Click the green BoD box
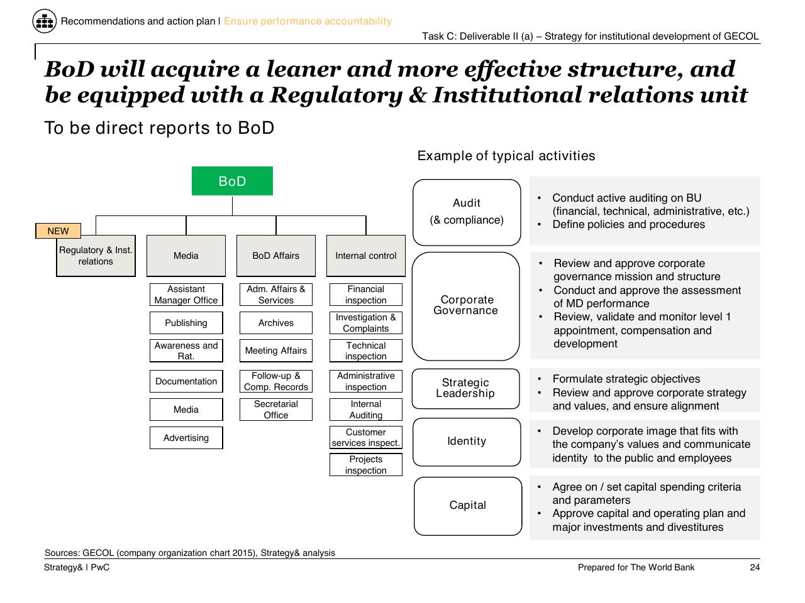pyautogui.click(x=232, y=181)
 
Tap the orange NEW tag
pyautogui.click(x=58, y=231)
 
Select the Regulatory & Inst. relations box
pyautogui.click(x=96, y=256)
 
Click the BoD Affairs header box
pyautogui.click(x=276, y=256)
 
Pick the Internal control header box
pyautogui.click(x=365, y=256)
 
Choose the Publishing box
pyautogui.click(x=186, y=323)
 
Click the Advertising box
pyautogui.click(x=186, y=438)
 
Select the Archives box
pyautogui.click(x=276, y=323)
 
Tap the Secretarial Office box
pyautogui.click(x=276, y=410)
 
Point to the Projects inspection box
pyautogui.click(x=365, y=465)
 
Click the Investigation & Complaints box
pyautogui.click(x=365, y=323)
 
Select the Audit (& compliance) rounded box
pyautogui.click(x=467, y=212)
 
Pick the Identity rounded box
pyautogui.click(x=467, y=442)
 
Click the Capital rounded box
pyautogui.click(x=468, y=506)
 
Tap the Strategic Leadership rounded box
pyautogui.click(x=465, y=388)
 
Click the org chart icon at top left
pyautogui.click(x=45, y=21)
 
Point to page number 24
pyautogui.click(x=755, y=567)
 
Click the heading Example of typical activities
pyautogui.click(x=506, y=156)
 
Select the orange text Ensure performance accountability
pyautogui.click(x=308, y=21)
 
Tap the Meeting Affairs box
pyautogui.click(x=276, y=350)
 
